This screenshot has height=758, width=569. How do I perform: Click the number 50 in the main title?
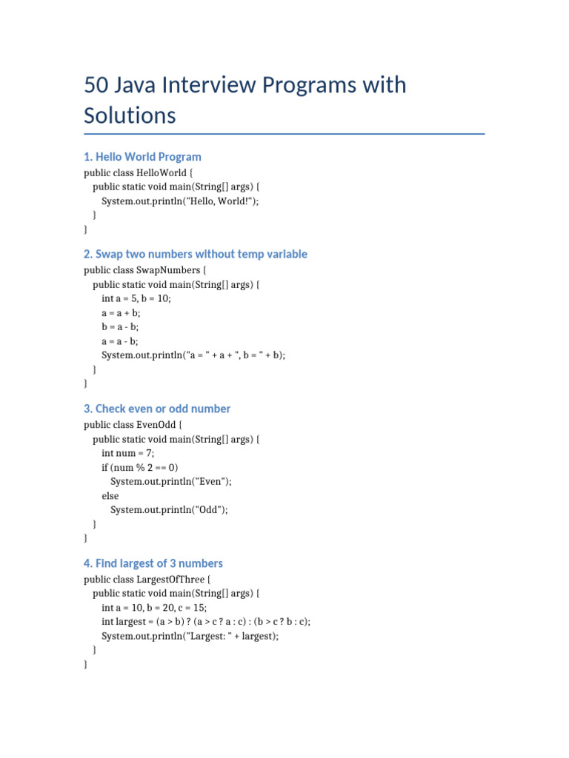96,85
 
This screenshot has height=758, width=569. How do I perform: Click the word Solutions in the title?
130,115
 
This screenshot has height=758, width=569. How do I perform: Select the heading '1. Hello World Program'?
142,157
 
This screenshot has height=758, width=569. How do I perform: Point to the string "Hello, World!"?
222,201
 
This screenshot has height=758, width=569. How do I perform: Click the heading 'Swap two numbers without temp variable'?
201,254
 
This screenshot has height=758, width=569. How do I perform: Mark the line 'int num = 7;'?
127,453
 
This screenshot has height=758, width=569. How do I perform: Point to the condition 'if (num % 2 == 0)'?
140,467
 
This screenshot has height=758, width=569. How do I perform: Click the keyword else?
110,495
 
